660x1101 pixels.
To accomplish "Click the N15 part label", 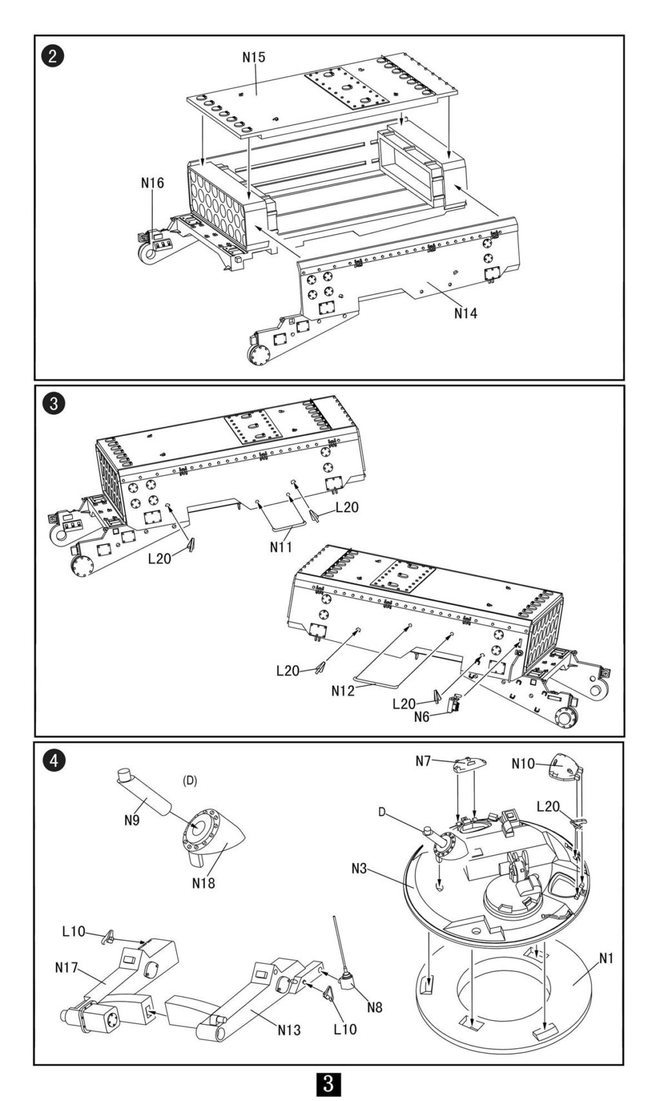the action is pyautogui.click(x=254, y=57).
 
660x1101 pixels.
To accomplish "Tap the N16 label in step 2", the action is pyautogui.click(x=153, y=183).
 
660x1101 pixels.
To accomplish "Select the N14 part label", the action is pyautogui.click(x=465, y=313).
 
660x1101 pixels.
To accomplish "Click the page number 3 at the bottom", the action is pyautogui.click(x=329, y=1084).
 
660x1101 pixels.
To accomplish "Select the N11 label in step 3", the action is pyautogui.click(x=281, y=546).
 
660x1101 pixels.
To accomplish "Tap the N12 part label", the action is pyautogui.click(x=343, y=691).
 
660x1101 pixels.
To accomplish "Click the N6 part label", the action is pyautogui.click(x=422, y=717).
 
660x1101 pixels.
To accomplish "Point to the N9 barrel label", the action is pyautogui.click(x=131, y=819).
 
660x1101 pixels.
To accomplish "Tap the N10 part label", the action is pyautogui.click(x=523, y=763).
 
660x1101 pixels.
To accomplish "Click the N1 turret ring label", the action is pyautogui.click(x=607, y=958).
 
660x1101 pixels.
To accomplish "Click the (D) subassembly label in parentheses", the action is pyautogui.click(x=189, y=780).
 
